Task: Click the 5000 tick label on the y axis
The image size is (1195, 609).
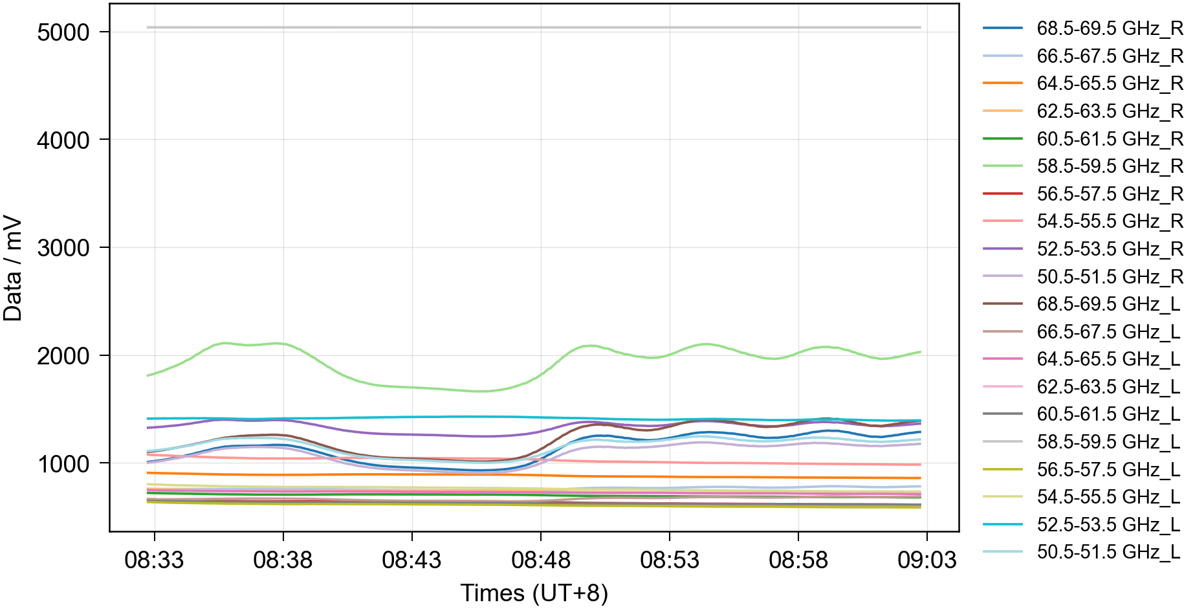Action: pos(63,32)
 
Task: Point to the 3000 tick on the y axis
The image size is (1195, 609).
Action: pos(63,248)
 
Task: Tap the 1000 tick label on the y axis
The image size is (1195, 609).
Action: pos(63,464)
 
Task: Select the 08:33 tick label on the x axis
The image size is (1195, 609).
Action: pos(154,560)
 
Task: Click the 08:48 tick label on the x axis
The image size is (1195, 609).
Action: pos(541,560)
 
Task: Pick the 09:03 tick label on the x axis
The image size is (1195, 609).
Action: pos(927,560)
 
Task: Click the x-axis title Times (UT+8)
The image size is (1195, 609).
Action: pos(534,593)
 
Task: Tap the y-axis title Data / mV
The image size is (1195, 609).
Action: pos(13,269)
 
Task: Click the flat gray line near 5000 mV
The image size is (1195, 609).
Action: pos(534,27)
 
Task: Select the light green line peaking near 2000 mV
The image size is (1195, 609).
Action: pos(223,343)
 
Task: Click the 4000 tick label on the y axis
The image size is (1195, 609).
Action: pos(63,140)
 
